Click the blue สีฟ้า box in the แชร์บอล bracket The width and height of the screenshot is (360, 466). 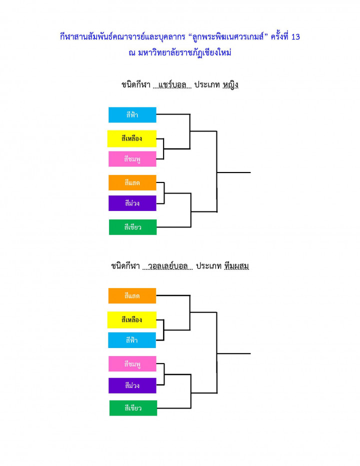(132, 114)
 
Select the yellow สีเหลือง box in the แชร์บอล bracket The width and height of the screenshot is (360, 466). (131, 138)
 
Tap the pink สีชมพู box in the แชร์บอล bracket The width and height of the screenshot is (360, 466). (132, 159)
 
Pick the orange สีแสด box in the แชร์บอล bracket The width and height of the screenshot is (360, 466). (132, 182)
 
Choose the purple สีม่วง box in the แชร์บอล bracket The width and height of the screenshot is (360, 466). (132, 203)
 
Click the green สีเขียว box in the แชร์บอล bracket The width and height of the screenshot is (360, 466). (132, 227)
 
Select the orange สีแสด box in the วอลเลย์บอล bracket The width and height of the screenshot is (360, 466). (132, 295)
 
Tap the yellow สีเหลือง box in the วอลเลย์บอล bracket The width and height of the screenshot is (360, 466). (131, 320)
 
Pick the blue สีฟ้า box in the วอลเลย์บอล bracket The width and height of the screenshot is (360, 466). (131, 340)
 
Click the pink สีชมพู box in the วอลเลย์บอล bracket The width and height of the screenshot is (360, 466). (132, 364)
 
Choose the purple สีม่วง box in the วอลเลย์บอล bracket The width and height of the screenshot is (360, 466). (132, 385)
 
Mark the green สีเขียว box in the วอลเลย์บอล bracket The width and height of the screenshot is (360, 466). (133, 408)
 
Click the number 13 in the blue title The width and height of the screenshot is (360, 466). (295, 37)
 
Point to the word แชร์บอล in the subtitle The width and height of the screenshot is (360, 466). (172, 85)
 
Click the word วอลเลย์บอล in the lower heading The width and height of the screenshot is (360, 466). (167, 266)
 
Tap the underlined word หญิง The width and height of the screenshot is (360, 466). (230, 85)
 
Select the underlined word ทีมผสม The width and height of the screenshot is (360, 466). (236, 266)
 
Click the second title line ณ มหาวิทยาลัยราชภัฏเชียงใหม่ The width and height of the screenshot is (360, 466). (180, 53)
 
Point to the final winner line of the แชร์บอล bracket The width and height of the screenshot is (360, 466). (233, 172)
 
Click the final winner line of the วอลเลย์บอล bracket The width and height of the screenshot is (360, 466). (233, 353)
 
